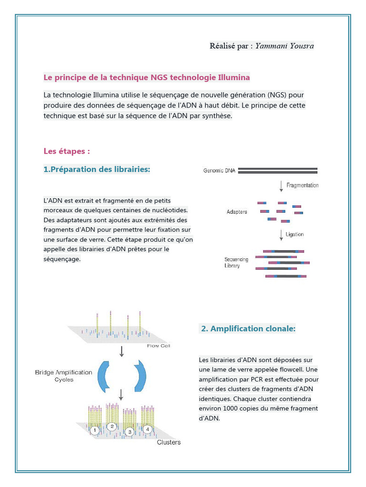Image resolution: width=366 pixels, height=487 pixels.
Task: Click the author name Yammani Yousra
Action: tap(285, 46)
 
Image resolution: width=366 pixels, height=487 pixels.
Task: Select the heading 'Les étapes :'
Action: tap(67, 151)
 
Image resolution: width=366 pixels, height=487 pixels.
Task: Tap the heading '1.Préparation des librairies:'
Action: tap(97, 169)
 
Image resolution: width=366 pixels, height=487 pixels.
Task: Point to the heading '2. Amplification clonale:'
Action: tap(248, 329)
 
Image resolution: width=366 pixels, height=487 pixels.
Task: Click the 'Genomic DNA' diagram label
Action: tap(219, 170)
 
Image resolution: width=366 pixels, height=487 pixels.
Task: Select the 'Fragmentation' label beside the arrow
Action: tap(302, 185)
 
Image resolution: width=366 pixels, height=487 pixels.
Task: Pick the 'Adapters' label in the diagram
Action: tap(237, 212)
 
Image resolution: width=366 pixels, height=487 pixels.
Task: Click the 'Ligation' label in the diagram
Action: tap(295, 234)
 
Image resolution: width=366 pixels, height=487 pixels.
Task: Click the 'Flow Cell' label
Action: tap(159, 346)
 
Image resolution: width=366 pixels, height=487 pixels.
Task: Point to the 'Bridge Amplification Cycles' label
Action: tap(64, 376)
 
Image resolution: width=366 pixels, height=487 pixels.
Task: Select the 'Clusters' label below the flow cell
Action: tap(169, 442)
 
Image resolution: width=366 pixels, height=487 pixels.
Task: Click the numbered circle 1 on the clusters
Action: tap(95, 430)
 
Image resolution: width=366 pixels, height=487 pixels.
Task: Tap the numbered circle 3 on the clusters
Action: tap(129, 432)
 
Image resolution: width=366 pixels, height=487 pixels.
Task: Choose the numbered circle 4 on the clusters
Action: tap(148, 429)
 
